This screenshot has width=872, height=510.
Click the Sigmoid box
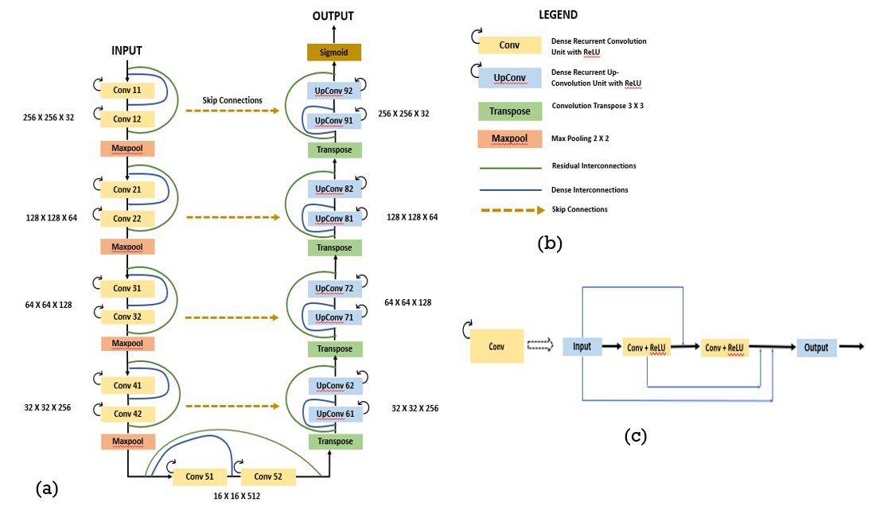click(334, 53)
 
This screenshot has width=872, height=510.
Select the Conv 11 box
click(127, 90)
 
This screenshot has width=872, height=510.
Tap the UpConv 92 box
click(333, 91)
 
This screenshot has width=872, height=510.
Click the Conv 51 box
click(200, 477)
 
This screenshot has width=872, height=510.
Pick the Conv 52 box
click(268, 477)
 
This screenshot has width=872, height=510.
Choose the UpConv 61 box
click(335, 414)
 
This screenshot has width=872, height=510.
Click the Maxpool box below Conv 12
click(127, 149)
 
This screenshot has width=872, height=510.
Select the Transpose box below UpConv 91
click(335, 150)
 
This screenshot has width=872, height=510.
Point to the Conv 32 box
click(128, 317)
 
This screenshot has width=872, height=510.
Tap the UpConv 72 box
click(334, 288)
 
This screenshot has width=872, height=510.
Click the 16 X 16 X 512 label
click(237, 496)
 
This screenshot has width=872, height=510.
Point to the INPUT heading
click(127, 51)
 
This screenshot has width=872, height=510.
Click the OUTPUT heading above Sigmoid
click(333, 16)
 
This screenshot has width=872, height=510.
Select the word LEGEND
click(558, 15)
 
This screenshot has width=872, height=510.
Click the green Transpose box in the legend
click(510, 111)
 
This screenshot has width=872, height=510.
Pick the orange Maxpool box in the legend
click(510, 138)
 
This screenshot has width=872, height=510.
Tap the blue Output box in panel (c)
click(816, 348)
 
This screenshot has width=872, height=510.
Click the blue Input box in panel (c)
click(582, 346)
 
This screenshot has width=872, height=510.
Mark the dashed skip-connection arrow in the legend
click(512, 210)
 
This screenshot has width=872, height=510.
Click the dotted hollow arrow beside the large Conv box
click(540, 345)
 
